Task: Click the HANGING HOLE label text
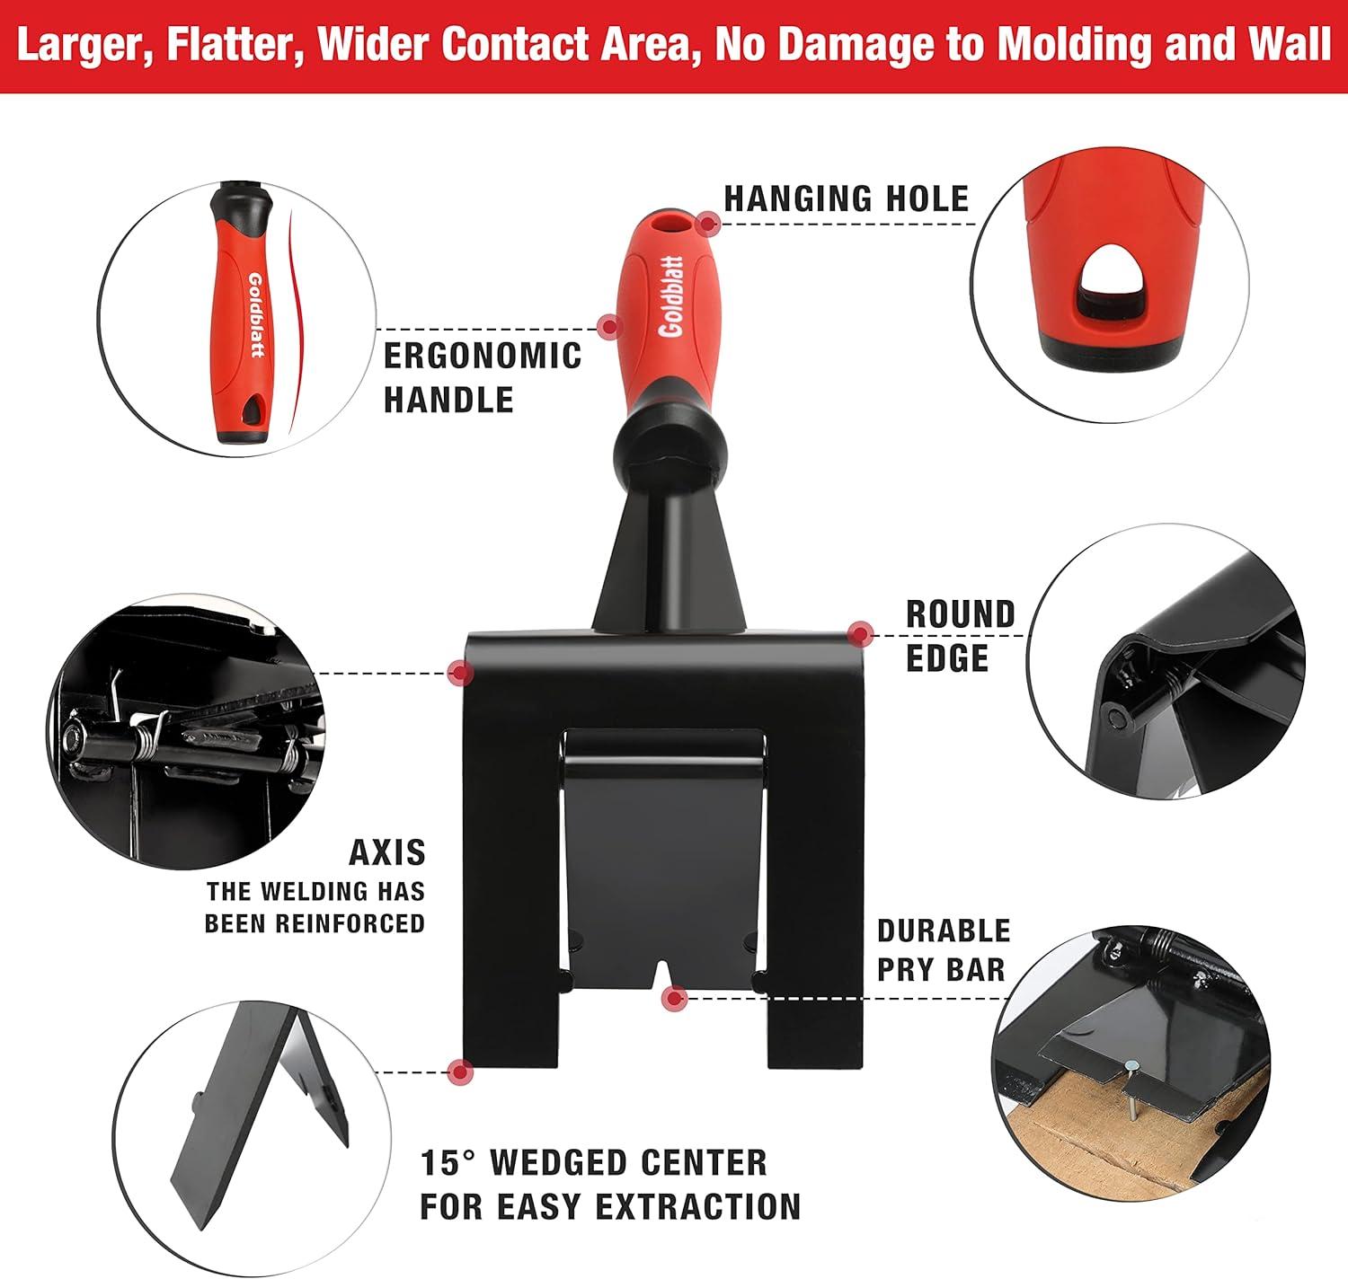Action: point(847,199)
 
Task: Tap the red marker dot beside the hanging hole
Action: point(707,224)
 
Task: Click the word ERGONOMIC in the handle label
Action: point(483,357)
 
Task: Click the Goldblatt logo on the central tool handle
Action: point(671,296)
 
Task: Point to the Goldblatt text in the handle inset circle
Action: point(256,315)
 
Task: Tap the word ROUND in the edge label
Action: point(961,615)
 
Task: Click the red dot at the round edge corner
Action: point(860,635)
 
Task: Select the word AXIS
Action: point(387,853)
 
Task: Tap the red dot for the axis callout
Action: point(460,673)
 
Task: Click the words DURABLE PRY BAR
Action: point(944,950)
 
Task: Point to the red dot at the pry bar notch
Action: point(675,999)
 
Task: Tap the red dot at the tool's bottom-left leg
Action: point(461,1072)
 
